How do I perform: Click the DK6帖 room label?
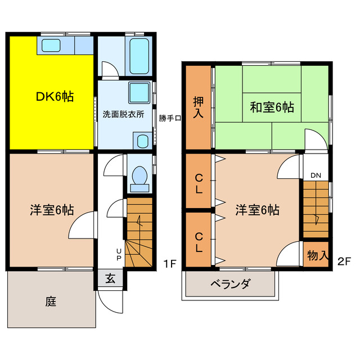[55, 96]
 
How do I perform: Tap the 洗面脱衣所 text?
[123, 114]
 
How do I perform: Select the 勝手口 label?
[169, 118]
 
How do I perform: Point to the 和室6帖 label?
[272, 106]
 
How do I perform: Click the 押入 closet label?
[199, 107]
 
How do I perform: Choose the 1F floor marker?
[171, 262]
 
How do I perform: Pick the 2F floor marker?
[344, 262]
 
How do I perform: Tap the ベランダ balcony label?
[231, 283]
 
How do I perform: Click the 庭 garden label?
[51, 301]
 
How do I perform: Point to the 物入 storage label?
[318, 255]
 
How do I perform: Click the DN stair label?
[316, 175]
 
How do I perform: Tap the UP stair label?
[119, 254]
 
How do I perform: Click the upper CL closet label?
[199, 183]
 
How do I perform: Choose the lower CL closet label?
[199, 241]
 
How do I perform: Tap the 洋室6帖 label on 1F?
[52, 210]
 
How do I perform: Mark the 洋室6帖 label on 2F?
[257, 210]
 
